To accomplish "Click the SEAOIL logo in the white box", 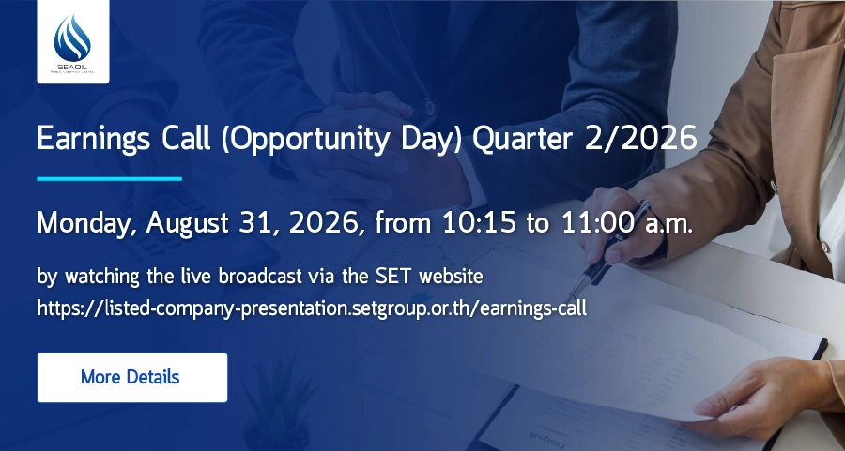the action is pyautogui.click(x=72, y=42).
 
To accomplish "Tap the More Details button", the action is pyautogui.click(x=132, y=377).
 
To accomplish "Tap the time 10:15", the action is pyautogui.click(x=479, y=222).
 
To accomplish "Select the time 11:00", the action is pyautogui.click(x=598, y=222).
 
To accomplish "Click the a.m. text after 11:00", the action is pyautogui.click(x=668, y=224).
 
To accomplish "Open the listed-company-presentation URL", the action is pyautogui.click(x=312, y=308).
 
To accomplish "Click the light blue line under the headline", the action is pyautogui.click(x=110, y=179).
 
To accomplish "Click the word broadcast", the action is pyautogui.click(x=260, y=276).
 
